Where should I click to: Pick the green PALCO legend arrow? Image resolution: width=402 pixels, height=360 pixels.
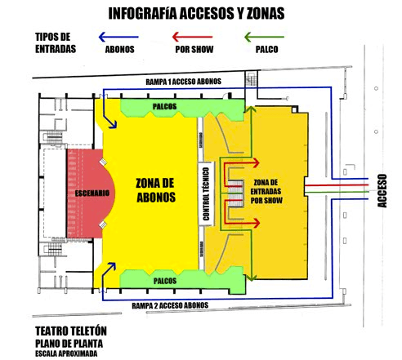point(264,37)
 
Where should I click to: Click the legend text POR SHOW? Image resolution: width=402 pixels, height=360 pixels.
point(194,50)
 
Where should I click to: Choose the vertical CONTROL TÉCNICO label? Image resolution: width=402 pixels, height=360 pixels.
point(208,193)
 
